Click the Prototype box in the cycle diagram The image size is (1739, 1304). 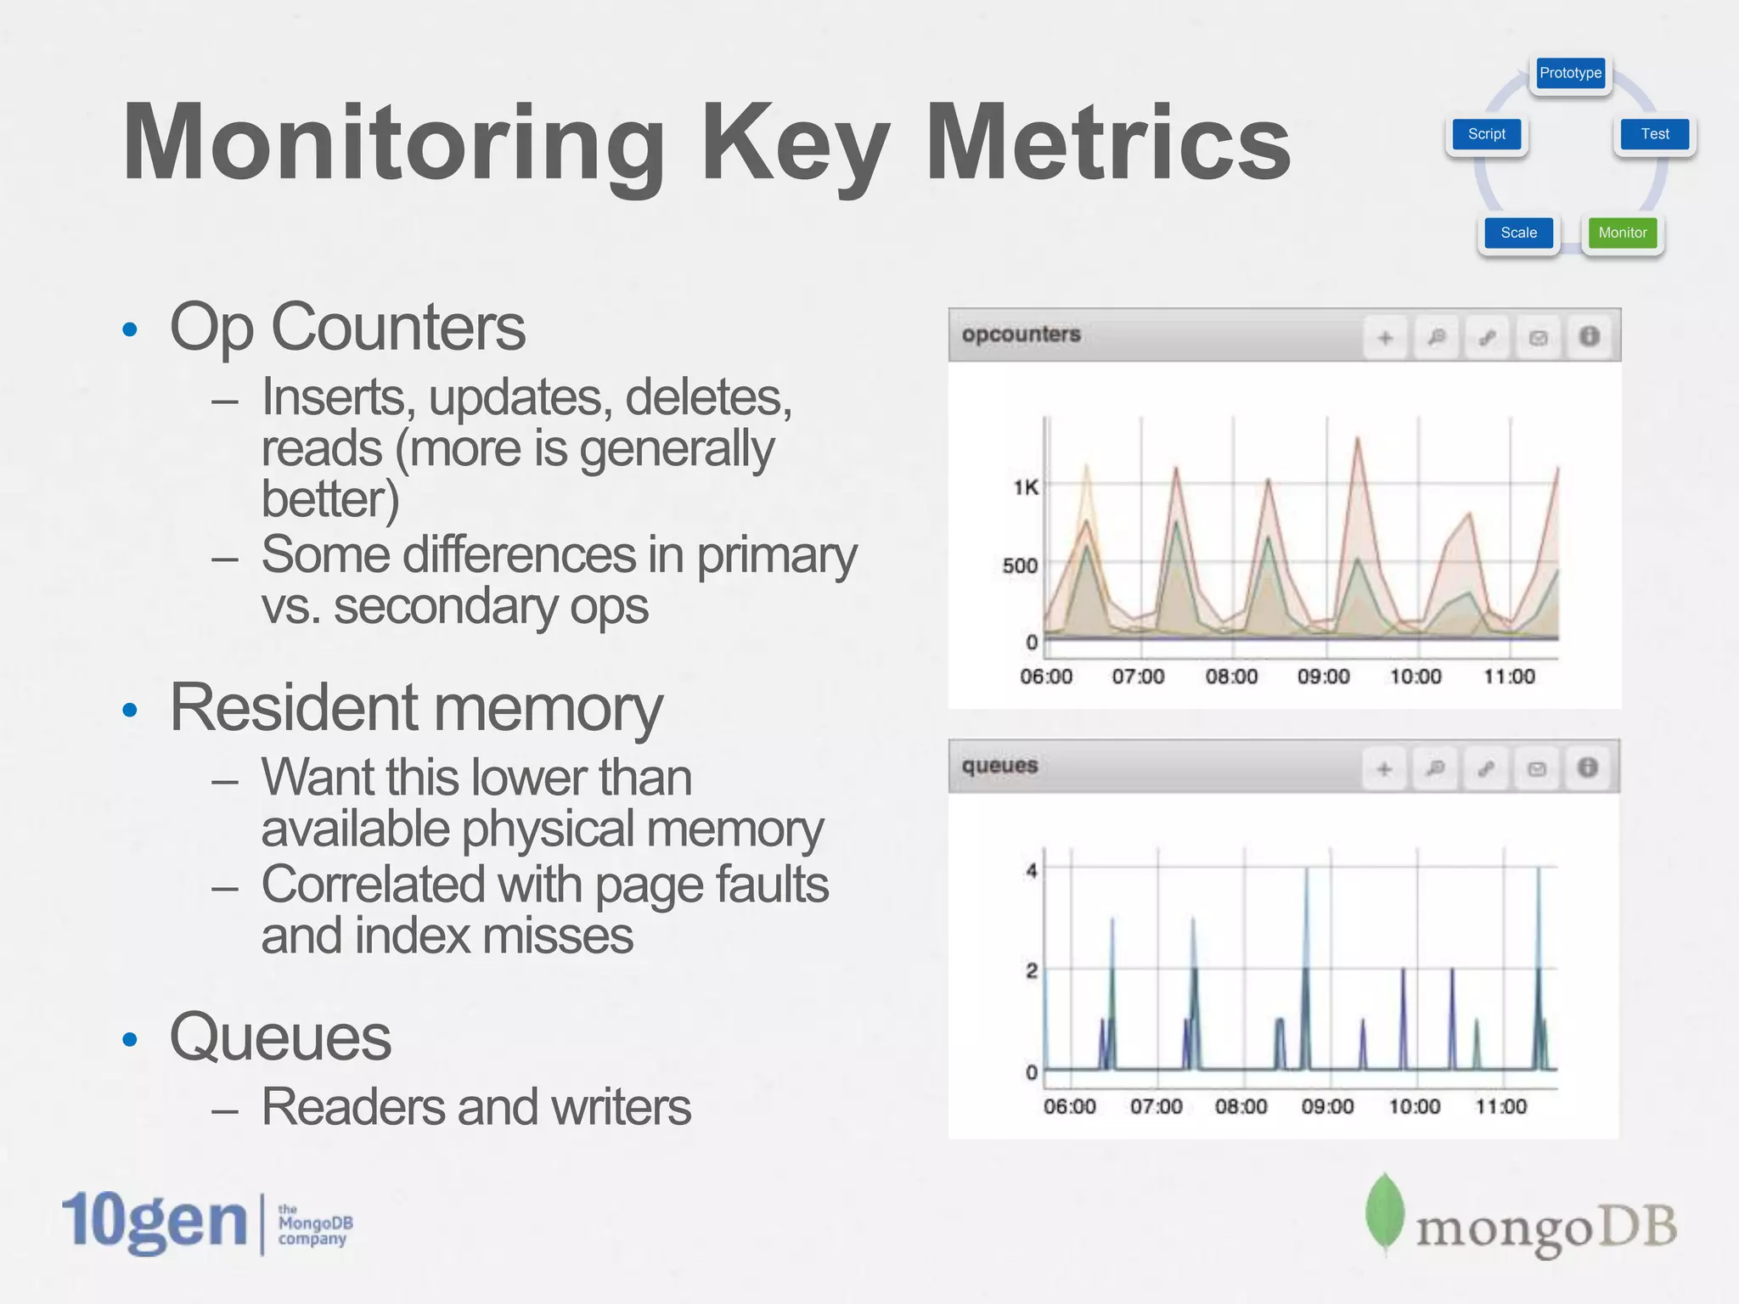(1570, 73)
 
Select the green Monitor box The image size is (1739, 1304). (1622, 233)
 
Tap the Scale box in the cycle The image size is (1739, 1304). (1518, 233)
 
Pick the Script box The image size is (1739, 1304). (1486, 134)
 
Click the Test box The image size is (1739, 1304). (1654, 134)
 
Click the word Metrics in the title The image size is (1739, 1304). (1108, 143)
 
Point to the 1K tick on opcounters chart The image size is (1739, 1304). (1025, 487)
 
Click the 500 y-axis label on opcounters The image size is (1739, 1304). (1020, 565)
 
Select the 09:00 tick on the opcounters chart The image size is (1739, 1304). (1323, 677)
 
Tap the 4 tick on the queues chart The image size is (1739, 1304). (1032, 870)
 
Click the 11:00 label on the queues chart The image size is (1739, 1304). (1500, 1106)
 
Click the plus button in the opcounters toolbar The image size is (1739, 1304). (1385, 338)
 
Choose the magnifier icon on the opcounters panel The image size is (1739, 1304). (1436, 338)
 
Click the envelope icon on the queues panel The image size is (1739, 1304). (1537, 769)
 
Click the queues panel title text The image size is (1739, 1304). (999, 766)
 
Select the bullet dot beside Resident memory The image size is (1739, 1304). (130, 710)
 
